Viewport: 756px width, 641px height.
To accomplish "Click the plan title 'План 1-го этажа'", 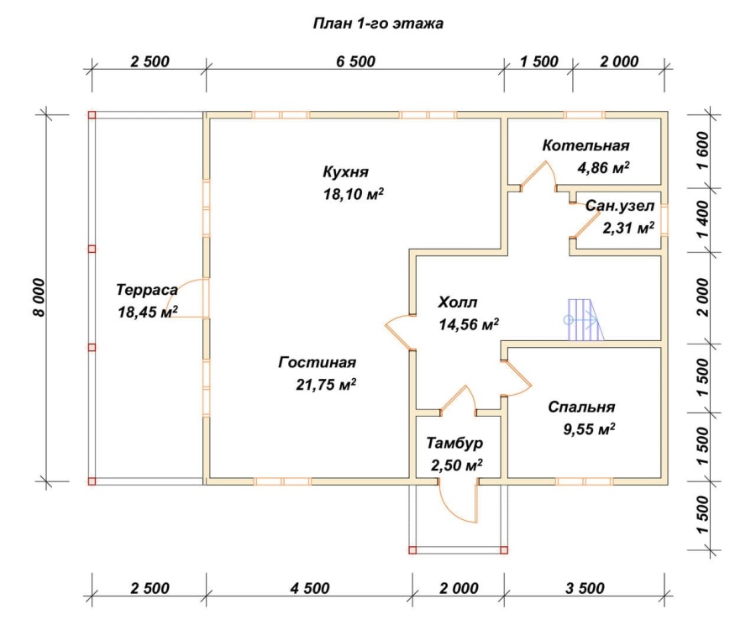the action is click(x=378, y=24).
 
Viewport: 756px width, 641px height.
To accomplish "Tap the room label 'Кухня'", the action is click(x=346, y=172).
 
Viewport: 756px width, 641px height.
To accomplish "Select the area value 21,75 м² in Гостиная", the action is click(x=326, y=385).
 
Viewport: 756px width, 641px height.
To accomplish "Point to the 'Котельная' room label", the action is click(x=585, y=145).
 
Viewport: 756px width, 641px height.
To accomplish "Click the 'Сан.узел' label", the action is click(x=620, y=207).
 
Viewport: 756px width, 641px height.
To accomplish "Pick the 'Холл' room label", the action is click(x=458, y=302).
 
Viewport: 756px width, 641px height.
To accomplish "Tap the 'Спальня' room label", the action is click(x=581, y=407).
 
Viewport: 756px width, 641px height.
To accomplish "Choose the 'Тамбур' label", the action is click(x=454, y=444).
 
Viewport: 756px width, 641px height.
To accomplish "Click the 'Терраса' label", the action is click(x=147, y=290).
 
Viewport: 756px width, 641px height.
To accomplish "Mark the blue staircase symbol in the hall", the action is click(x=584, y=319).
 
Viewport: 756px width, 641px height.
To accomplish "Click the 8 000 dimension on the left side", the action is click(x=39, y=297).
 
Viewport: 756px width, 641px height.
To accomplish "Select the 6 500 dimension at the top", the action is click(x=356, y=61).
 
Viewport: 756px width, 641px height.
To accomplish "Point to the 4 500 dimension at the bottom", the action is click(x=310, y=588).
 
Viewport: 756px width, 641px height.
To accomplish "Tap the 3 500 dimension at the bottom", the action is click(x=585, y=588).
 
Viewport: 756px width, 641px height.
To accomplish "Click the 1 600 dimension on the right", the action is click(x=703, y=150).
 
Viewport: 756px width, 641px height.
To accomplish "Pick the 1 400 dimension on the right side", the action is click(x=703, y=219).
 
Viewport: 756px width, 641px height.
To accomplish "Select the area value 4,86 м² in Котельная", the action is click(x=604, y=168).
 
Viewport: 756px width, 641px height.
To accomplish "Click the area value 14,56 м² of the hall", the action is click(x=469, y=324).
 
